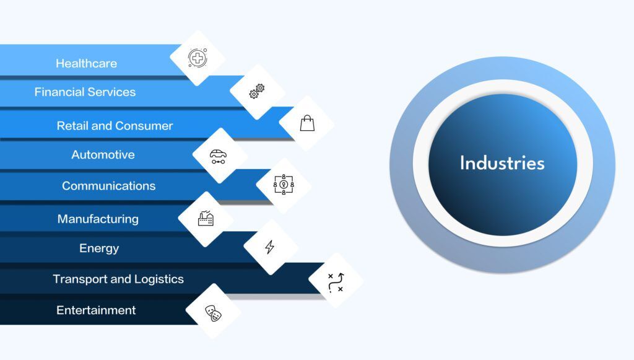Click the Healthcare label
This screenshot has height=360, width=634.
(86, 63)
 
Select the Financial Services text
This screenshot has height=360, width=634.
(85, 92)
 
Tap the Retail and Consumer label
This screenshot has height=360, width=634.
(115, 126)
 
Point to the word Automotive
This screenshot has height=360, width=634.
(103, 155)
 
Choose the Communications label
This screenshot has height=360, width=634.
(108, 186)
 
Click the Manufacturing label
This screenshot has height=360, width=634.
(98, 219)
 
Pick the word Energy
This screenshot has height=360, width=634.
(99, 248)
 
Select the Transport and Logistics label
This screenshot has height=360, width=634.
(118, 279)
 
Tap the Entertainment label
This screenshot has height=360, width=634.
(96, 310)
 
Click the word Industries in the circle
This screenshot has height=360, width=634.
(502, 164)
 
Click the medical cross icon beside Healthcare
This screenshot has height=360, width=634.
(198, 58)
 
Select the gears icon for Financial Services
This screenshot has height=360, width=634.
(257, 92)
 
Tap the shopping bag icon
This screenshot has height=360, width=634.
(307, 123)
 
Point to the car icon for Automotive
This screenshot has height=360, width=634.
(218, 156)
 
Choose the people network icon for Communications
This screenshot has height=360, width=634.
(284, 185)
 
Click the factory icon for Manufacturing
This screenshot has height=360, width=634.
(206, 218)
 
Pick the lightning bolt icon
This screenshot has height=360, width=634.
(270, 247)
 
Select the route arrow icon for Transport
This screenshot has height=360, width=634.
(336, 282)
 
